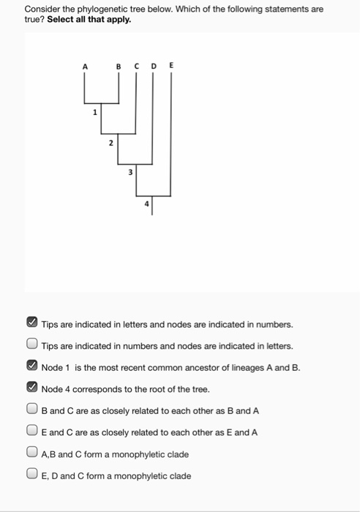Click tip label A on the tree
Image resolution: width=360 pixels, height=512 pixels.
84,67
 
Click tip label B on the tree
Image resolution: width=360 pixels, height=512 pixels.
119,67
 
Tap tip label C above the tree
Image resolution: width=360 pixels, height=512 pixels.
136,67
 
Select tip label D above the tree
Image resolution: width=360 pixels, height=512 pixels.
153,67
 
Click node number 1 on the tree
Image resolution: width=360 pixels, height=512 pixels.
94,113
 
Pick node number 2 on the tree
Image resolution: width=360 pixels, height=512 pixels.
111,143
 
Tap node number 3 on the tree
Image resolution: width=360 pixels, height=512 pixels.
130,173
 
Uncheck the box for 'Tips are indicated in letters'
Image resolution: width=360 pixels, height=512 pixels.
32,323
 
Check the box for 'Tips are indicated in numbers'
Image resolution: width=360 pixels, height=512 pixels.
32,345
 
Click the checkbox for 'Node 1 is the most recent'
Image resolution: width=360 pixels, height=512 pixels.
32,366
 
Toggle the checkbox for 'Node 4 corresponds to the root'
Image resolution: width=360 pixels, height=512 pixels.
32,388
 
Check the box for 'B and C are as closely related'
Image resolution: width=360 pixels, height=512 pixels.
32,410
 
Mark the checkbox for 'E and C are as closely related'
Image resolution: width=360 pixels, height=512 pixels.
32,432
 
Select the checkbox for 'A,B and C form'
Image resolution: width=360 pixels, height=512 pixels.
32,453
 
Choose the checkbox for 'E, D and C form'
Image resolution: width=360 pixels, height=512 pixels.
32,475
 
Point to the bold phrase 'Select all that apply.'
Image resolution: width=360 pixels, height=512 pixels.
89,20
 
